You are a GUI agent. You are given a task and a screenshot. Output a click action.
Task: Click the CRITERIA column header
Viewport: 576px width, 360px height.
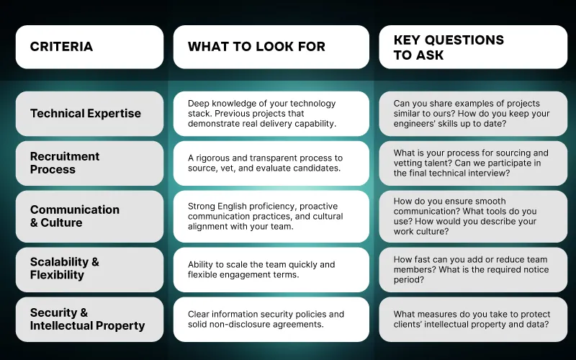pyautogui.click(x=89, y=47)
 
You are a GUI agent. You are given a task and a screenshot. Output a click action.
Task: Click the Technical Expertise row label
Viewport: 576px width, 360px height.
pyautogui.click(x=89, y=114)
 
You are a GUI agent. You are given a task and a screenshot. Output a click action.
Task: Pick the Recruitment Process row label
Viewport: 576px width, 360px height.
pyautogui.click(x=89, y=163)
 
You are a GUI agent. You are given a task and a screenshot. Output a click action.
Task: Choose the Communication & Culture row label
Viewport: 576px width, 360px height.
pyautogui.click(x=89, y=216)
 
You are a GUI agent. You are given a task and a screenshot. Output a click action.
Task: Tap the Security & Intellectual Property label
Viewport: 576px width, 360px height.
pyautogui.click(x=89, y=319)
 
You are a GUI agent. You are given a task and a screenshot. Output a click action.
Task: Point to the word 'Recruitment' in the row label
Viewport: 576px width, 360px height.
pyautogui.click(x=65, y=156)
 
